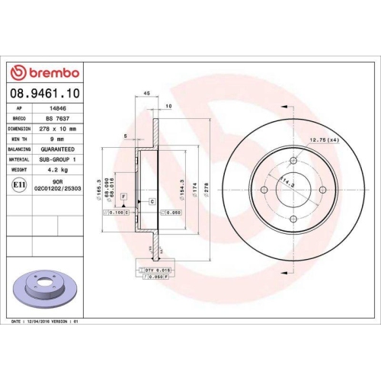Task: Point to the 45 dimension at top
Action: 146,94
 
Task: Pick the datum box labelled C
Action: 152,201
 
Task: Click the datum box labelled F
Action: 122,197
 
